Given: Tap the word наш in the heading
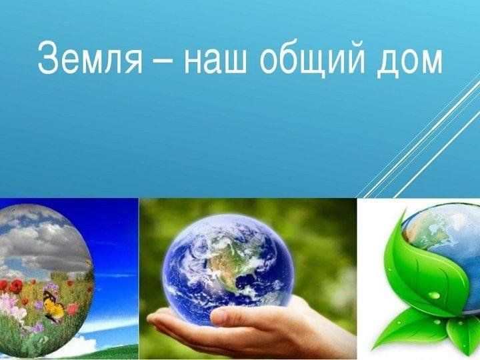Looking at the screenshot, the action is tap(215, 62).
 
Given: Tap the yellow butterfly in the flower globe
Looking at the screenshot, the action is tap(53, 307).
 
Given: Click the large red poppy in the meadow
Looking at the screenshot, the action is tap(15, 287).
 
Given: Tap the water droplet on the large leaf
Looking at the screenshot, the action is tap(434, 295).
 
